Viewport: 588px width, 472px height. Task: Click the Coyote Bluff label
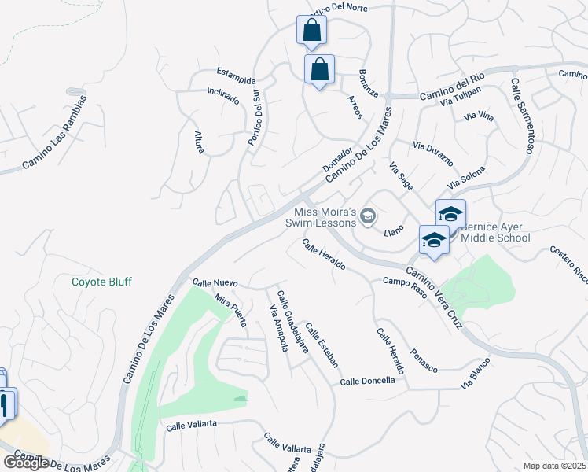coord(101,282)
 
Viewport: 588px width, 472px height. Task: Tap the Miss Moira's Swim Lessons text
coord(325,217)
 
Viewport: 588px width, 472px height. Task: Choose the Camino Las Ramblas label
coord(54,132)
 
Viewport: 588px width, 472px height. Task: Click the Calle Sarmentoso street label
coord(524,115)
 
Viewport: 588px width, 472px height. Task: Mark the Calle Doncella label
coord(367,381)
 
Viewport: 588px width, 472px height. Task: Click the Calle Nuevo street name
coord(215,282)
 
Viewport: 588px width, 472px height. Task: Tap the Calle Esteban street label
coord(322,345)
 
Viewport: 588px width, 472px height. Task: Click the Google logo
coord(26,463)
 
